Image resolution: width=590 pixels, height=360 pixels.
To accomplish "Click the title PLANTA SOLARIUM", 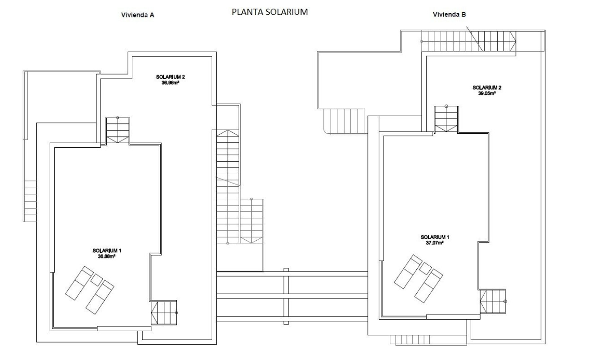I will [x=269, y=12].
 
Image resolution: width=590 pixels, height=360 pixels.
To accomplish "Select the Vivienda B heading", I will [x=449, y=14].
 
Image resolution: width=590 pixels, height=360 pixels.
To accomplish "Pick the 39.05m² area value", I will [x=486, y=93].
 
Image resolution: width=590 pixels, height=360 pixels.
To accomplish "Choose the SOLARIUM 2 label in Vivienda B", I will [x=487, y=88].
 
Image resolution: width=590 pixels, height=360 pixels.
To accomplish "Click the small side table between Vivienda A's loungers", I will [x=96, y=280].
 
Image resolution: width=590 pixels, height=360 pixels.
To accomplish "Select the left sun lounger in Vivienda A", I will [x=79, y=282].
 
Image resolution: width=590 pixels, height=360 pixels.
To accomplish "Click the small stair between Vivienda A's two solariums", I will [x=117, y=131].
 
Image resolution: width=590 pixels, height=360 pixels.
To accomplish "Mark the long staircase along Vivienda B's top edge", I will [x=469, y=41].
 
